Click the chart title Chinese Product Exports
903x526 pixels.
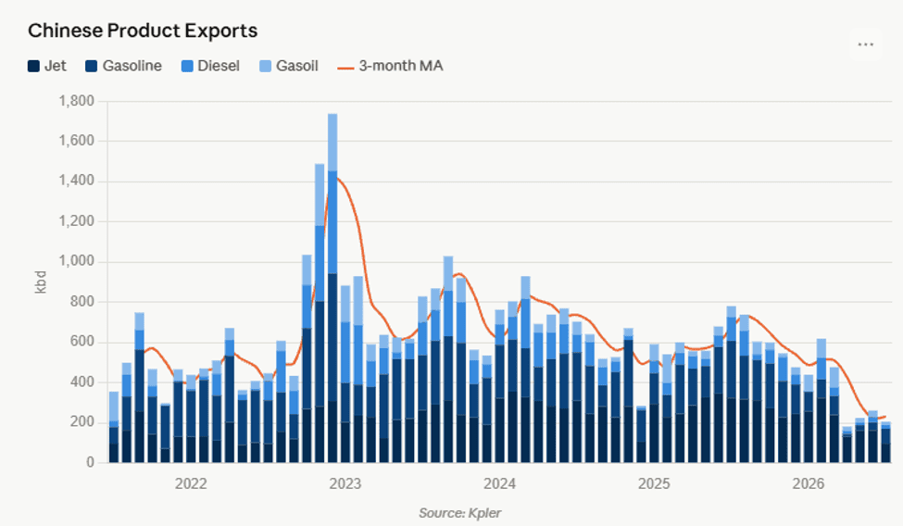tap(143, 31)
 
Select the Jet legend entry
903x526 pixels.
tap(47, 66)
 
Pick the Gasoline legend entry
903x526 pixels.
tap(123, 66)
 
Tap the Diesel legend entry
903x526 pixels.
tap(210, 66)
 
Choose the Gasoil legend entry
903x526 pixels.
tap(289, 66)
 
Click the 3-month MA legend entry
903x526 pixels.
tap(390, 66)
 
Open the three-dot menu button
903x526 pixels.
tap(866, 44)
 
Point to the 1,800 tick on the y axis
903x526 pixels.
tap(76, 101)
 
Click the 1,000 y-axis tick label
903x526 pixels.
tap(76, 261)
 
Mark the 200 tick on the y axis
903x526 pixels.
tap(82, 422)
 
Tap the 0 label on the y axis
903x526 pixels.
tap(91, 462)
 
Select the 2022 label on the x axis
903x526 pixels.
tap(191, 483)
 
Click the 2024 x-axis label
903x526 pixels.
tap(499, 483)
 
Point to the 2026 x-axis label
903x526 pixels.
tap(808, 483)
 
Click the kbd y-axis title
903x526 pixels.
tap(41, 282)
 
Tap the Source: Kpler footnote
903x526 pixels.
tap(459, 513)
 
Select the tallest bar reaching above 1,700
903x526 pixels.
tap(332, 288)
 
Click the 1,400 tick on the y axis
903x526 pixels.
tap(76, 182)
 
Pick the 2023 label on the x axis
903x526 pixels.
tap(345, 483)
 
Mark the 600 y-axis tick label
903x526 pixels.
tap(82, 343)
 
